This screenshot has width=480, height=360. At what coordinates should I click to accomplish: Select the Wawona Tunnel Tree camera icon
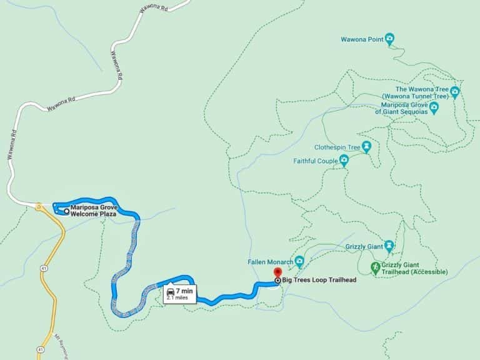pyautogui.click(x=454, y=92)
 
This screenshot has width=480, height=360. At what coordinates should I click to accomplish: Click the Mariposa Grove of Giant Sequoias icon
pyautogui.click(x=434, y=107)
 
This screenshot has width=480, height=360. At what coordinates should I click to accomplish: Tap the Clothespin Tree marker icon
pyautogui.click(x=366, y=147)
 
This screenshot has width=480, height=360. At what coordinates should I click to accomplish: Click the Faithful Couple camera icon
pyautogui.click(x=344, y=161)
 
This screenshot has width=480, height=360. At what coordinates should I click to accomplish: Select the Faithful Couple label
pyautogui.click(x=316, y=161)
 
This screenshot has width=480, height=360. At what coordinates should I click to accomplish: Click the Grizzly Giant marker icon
pyautogui.click(x=389, y=246)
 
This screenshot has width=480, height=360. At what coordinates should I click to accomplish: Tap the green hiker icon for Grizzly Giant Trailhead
pyautogui.click(x=375, y=267)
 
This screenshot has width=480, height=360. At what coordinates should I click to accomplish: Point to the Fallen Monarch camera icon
pyautogui.click(x=299, y=261)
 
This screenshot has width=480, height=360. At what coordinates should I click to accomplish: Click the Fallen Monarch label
pyautogui.click(x=271, y=262)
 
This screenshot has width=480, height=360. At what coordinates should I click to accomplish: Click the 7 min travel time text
pyautogui.click(x=185, y=291)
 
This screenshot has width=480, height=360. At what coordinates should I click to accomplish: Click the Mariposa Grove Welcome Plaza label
pyautogui.click(x=93, y=211)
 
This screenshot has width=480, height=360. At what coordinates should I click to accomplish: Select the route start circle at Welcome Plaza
pyautogui.click(x=66, y=211)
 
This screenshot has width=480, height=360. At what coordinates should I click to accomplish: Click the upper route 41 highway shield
pyautogui.click(x=41, y=249)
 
